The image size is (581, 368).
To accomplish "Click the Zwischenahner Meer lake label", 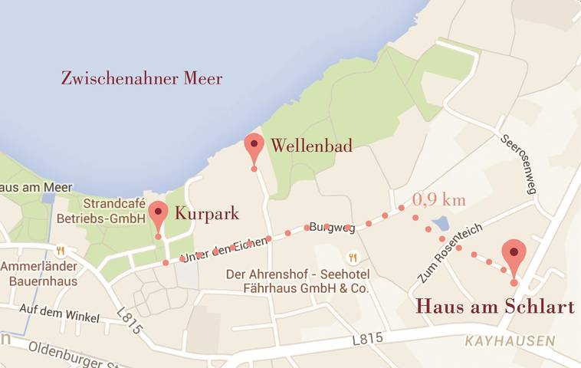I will point(142,78).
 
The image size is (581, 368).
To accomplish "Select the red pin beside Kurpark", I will point(158,213).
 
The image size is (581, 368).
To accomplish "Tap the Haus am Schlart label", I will point(494,307).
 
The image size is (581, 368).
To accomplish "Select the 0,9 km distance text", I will point(439,199).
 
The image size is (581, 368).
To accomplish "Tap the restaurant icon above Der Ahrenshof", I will point(353,258).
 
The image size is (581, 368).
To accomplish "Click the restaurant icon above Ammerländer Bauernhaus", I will point(60,251).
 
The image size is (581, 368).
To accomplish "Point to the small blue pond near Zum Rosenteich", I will point(440,225).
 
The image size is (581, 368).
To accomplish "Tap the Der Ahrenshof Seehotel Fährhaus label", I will point(297,281).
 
